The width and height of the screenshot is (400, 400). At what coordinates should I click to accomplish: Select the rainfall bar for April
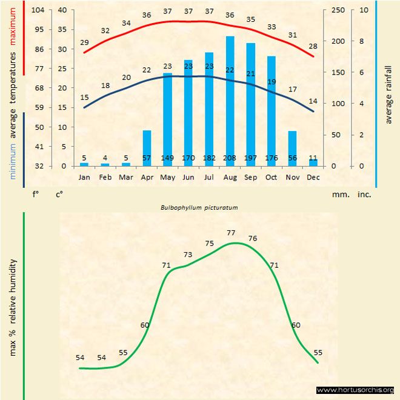pos(147,148)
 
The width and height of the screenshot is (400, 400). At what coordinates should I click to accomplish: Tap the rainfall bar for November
pos(292,148)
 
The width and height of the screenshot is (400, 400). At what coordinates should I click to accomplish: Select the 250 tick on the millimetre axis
pos(338,10)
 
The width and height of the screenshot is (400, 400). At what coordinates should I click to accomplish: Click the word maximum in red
pos(13,35)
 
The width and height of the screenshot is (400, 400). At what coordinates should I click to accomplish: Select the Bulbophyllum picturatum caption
pos(199,207)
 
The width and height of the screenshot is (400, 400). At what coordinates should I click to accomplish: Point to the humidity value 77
pos(231,233)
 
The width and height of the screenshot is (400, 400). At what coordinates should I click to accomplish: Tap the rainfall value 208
pos(230,158)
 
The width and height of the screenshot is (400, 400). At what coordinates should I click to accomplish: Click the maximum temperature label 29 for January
pos(84,42)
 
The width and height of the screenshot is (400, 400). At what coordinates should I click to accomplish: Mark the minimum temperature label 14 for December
pos(313,101)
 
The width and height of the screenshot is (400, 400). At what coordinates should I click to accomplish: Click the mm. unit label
pos(339,195)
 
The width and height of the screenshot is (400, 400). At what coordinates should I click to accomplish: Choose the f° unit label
pos(36,195)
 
